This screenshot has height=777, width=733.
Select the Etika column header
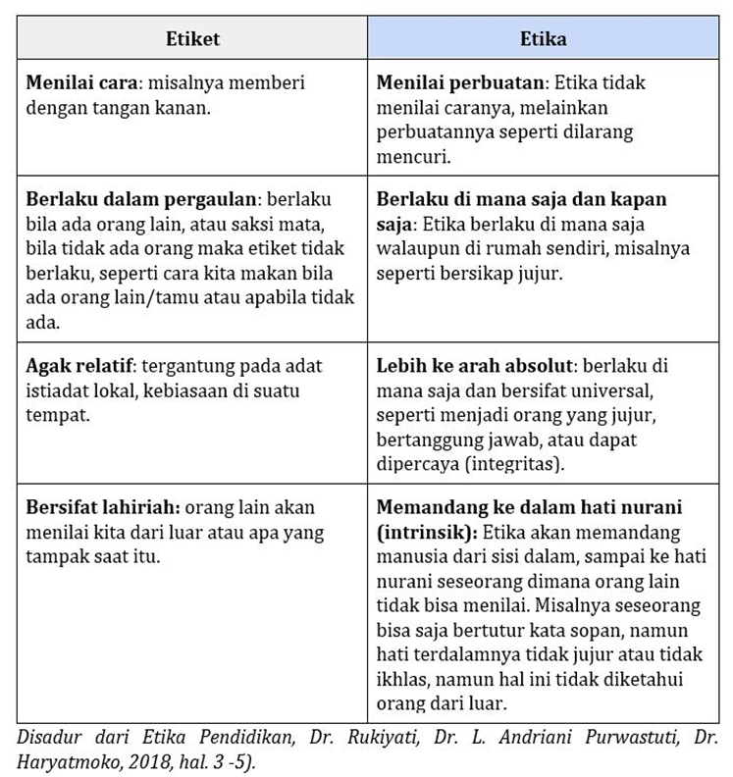coord(543,39)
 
